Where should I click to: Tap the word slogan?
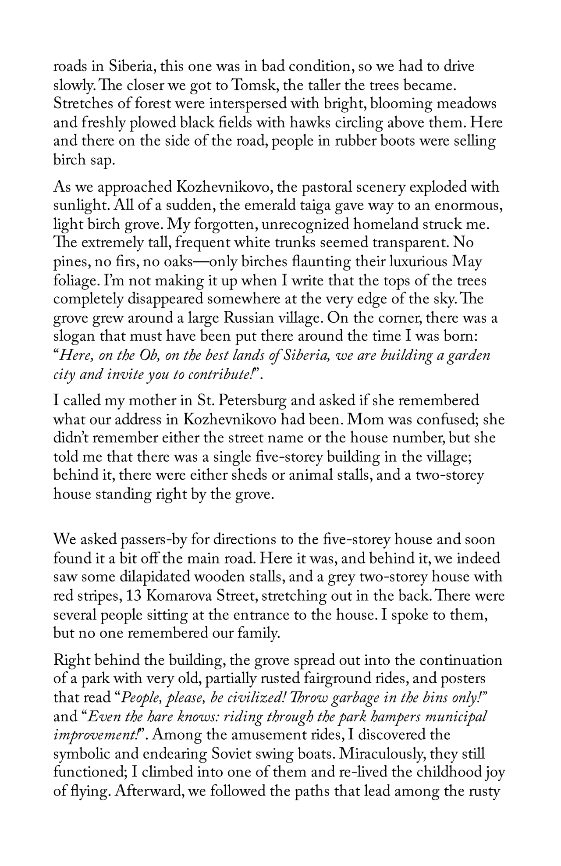(75, 337)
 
